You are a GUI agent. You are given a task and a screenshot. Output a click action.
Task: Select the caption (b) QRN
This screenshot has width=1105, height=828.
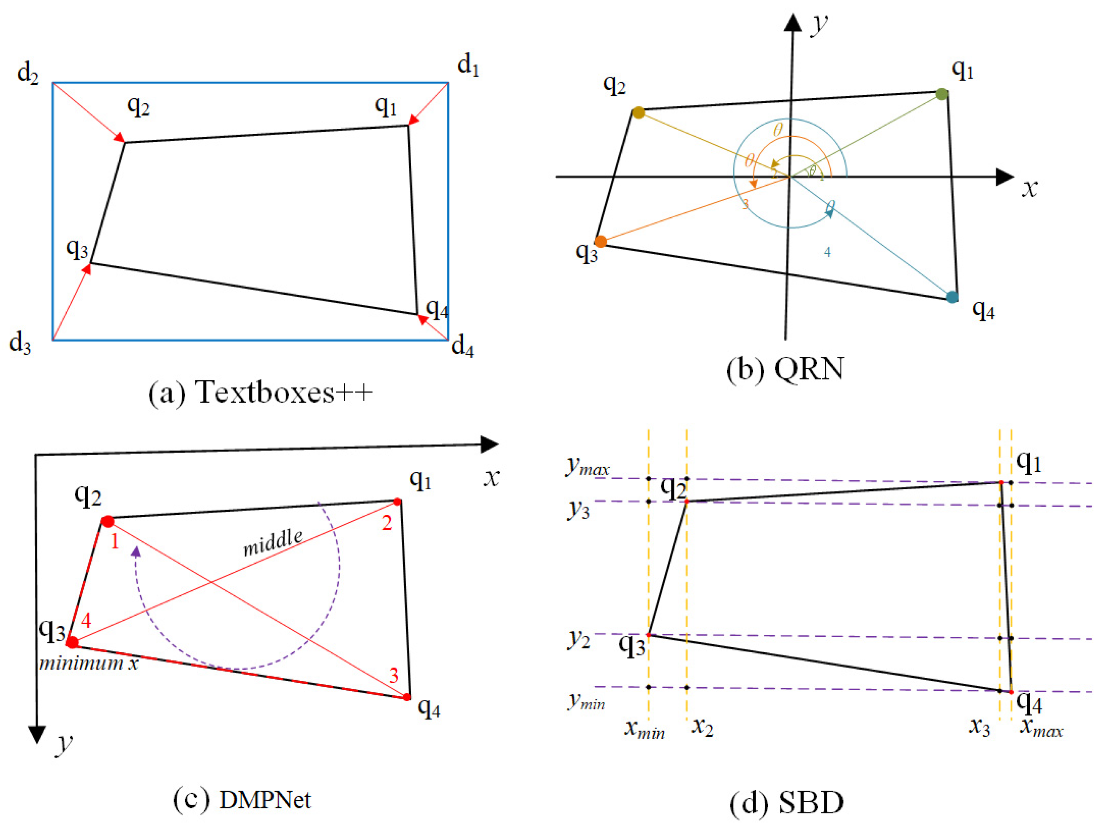(x=785, y=369)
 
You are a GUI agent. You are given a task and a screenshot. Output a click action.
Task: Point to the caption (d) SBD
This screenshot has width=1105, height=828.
(x=786, y=803)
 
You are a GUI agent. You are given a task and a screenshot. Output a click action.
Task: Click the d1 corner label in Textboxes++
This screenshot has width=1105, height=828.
(x=468, y=66)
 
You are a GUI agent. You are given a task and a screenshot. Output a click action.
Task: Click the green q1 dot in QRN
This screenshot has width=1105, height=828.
(x=941, y=94)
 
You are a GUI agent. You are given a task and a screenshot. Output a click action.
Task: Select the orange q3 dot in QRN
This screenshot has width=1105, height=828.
(x=600, y=242)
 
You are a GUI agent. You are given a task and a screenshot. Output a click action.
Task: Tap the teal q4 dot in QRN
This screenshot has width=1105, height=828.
(x=952, y=297)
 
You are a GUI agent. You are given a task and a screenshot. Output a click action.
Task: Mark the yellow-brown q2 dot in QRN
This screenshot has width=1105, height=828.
(x=638, y=113)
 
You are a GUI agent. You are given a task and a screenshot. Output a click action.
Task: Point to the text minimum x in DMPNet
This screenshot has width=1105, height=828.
(x=89, y=663)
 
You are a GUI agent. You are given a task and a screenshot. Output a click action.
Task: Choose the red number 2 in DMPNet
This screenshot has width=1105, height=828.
(x=387, y=523)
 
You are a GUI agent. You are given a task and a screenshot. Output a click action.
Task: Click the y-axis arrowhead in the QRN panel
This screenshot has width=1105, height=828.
(x=793, y=22)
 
